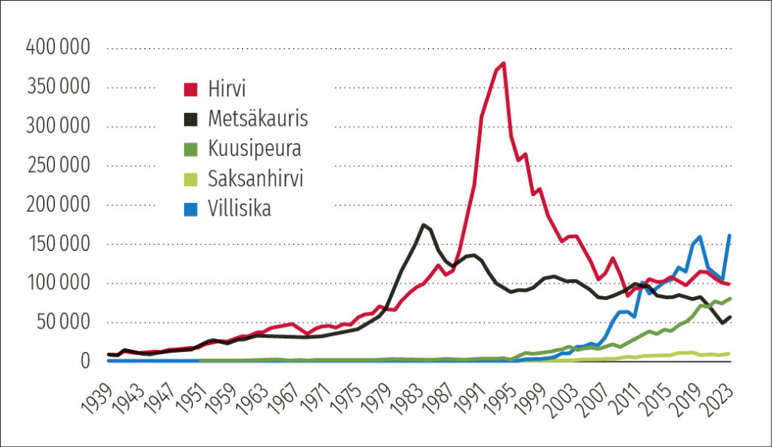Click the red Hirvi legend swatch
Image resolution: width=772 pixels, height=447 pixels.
[191, 90]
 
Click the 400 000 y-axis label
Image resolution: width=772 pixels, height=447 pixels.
[58, 47]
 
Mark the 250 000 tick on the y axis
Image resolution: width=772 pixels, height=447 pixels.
[58, 165]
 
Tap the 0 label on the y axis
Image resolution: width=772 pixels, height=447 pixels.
[85, 361]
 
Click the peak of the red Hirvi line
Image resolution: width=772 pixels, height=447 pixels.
[503, 63]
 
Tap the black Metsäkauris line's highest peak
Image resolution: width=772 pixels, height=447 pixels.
[423, 225]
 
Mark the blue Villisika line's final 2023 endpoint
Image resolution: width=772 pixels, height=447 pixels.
[730, 235]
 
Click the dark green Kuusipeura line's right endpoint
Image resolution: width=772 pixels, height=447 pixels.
[730, 299]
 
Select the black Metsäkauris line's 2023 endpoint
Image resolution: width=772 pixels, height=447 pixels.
[730, 317]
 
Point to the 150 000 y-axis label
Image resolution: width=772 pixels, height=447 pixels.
[58, 243]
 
